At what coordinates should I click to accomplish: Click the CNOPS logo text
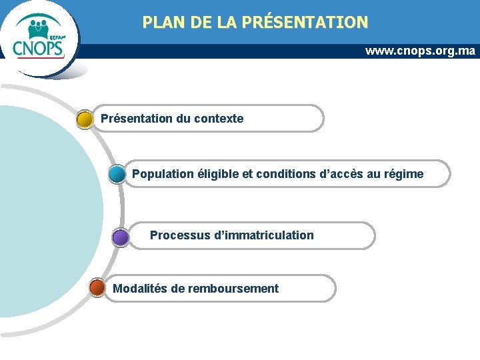point(39,49)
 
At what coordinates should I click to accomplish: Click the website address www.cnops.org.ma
point(420,51)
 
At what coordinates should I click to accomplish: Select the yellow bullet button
point(85,119)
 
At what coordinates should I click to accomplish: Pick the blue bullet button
point(117,175)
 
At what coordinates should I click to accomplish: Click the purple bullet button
point(120,237)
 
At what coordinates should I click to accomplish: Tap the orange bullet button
point(97,288)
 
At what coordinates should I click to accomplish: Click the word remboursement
point(233,288)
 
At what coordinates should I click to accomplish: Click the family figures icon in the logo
point(40,28)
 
